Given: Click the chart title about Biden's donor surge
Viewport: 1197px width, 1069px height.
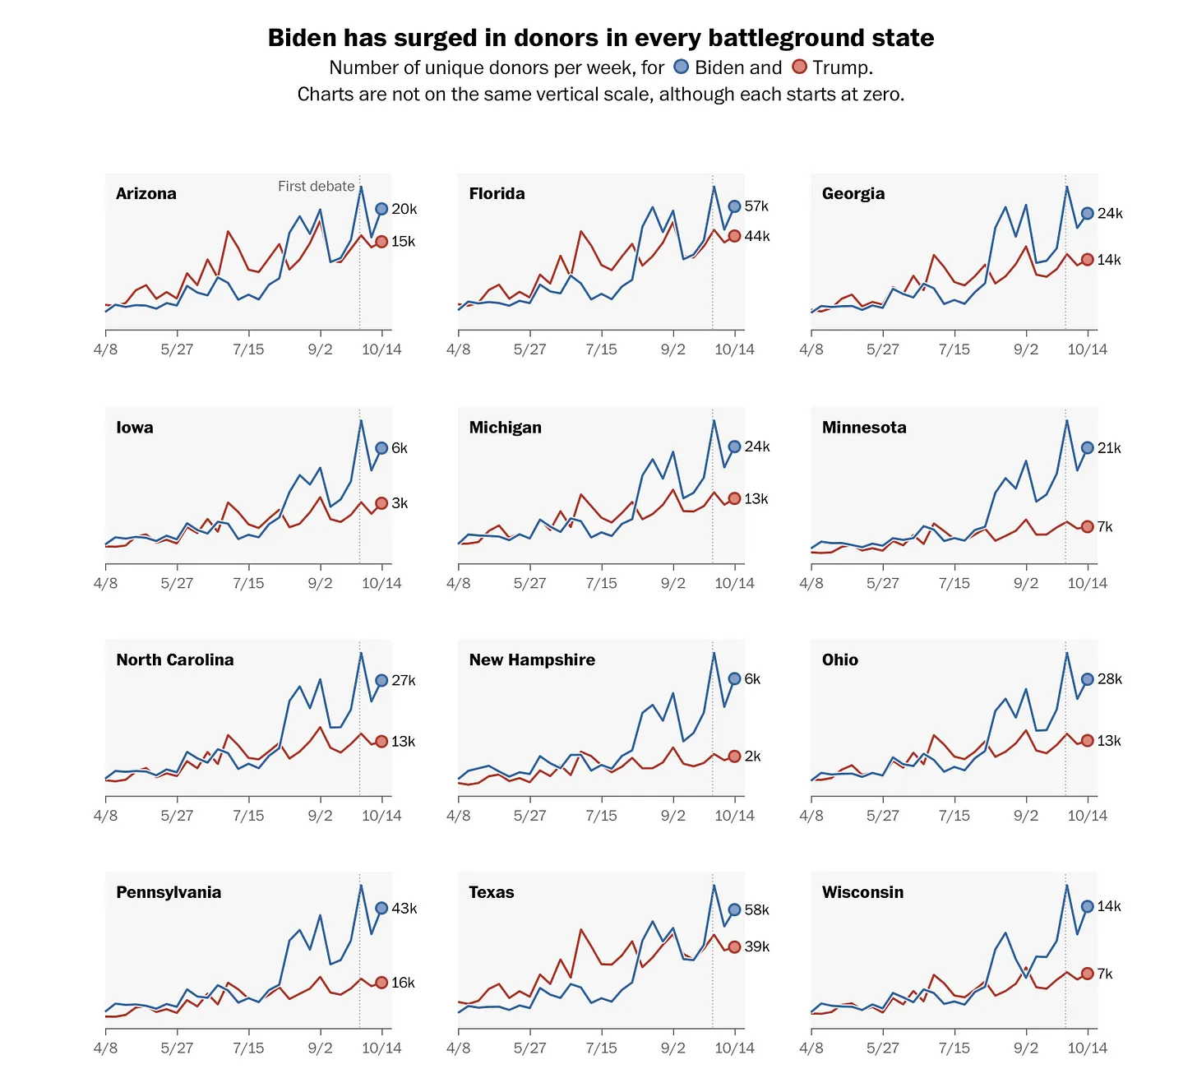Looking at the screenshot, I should tap(601, 38).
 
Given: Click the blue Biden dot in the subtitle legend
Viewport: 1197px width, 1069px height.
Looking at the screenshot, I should tap(681, 67).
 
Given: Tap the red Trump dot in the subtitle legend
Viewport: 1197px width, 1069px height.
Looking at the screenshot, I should tap(799, 67).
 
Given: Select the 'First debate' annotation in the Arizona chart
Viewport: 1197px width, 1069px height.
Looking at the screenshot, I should tap(316, 187).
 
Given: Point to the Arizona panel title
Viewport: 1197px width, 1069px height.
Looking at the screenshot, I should tap(146, 194).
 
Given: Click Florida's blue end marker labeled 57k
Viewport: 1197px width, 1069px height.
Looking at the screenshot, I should tap(734, 206).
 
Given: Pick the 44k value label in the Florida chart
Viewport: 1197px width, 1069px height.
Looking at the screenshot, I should tap(757, 237).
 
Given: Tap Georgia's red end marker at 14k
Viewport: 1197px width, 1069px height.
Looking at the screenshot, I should tap(1087, 260).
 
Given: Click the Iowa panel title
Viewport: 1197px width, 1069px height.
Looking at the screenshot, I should tap(135, 428).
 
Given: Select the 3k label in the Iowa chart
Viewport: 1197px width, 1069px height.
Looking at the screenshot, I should tap(400, 503).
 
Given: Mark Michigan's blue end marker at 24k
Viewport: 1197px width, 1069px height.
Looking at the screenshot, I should tap(734, 447).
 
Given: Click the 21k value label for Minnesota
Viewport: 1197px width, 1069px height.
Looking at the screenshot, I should tap(1109, 448).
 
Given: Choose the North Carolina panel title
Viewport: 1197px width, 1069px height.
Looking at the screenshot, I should tap(175, 660).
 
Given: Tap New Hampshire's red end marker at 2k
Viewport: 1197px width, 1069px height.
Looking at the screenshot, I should tap(734, 757).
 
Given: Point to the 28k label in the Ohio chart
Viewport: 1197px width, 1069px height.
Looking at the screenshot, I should tap(1109, 679).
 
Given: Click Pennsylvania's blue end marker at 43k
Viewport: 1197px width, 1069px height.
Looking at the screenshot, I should tap(381, 909).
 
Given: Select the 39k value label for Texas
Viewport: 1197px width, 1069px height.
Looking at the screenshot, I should tap(757, 947).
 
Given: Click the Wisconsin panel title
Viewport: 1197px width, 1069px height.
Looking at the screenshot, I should tap(862, 893).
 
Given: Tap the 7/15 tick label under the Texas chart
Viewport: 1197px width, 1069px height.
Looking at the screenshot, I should tap(601, 1048).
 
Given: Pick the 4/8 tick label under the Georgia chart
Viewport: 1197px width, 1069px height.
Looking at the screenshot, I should tap(811, 349).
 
